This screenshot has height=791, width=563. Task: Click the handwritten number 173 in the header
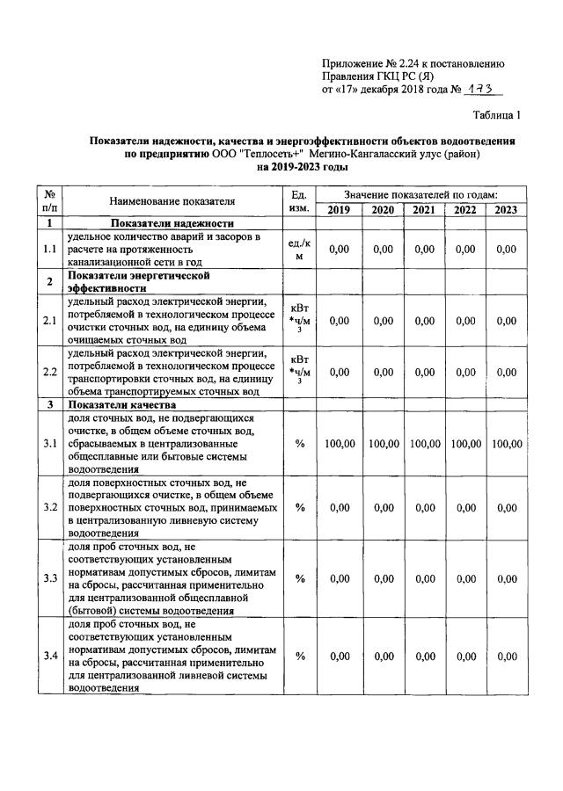pos(479,90)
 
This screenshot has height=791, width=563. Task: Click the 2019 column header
pos(339,209)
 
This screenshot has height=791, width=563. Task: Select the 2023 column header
pos(506,209)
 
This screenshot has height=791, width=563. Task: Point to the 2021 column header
pos(424,209)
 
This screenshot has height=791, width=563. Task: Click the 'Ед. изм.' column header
pos(299,201)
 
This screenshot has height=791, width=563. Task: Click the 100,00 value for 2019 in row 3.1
pos(339,445)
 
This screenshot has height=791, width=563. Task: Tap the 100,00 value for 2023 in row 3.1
pos(506,445)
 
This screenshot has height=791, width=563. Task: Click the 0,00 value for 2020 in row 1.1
pos(383,250)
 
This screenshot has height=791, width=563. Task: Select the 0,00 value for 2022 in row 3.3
pos(464,579)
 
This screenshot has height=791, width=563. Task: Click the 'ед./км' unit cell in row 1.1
pos(299,250)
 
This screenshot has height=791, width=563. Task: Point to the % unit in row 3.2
pos(299,507)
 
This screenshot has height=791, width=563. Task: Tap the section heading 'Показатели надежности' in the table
pos(172,223)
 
